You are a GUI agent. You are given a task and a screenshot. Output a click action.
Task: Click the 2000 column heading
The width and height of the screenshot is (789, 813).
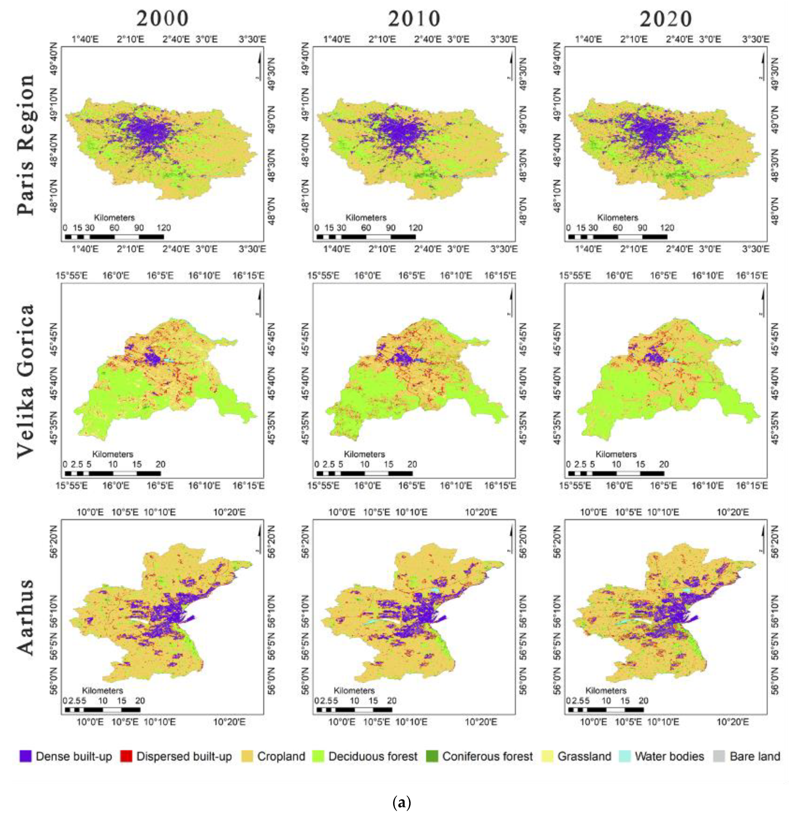162,18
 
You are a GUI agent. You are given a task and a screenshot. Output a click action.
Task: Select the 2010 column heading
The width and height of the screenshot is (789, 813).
414,18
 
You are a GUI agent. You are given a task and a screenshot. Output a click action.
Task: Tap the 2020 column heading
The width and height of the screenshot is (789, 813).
665,18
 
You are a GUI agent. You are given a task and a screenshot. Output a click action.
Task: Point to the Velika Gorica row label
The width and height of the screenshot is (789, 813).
26,380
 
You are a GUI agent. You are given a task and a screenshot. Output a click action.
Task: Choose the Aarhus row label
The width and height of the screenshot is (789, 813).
26,617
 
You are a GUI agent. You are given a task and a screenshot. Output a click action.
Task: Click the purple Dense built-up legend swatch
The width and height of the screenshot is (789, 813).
25,756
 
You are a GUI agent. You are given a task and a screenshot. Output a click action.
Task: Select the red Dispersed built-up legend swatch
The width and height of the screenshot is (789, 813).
126,756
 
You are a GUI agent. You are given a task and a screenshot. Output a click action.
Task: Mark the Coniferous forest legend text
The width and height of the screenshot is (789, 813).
487,756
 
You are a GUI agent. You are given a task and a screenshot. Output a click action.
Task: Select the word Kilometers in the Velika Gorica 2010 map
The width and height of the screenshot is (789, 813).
364,454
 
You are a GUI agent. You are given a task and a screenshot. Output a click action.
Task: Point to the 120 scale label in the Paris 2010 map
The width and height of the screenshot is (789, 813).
416,228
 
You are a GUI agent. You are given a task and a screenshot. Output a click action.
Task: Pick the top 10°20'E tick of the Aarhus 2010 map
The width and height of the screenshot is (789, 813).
481,512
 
